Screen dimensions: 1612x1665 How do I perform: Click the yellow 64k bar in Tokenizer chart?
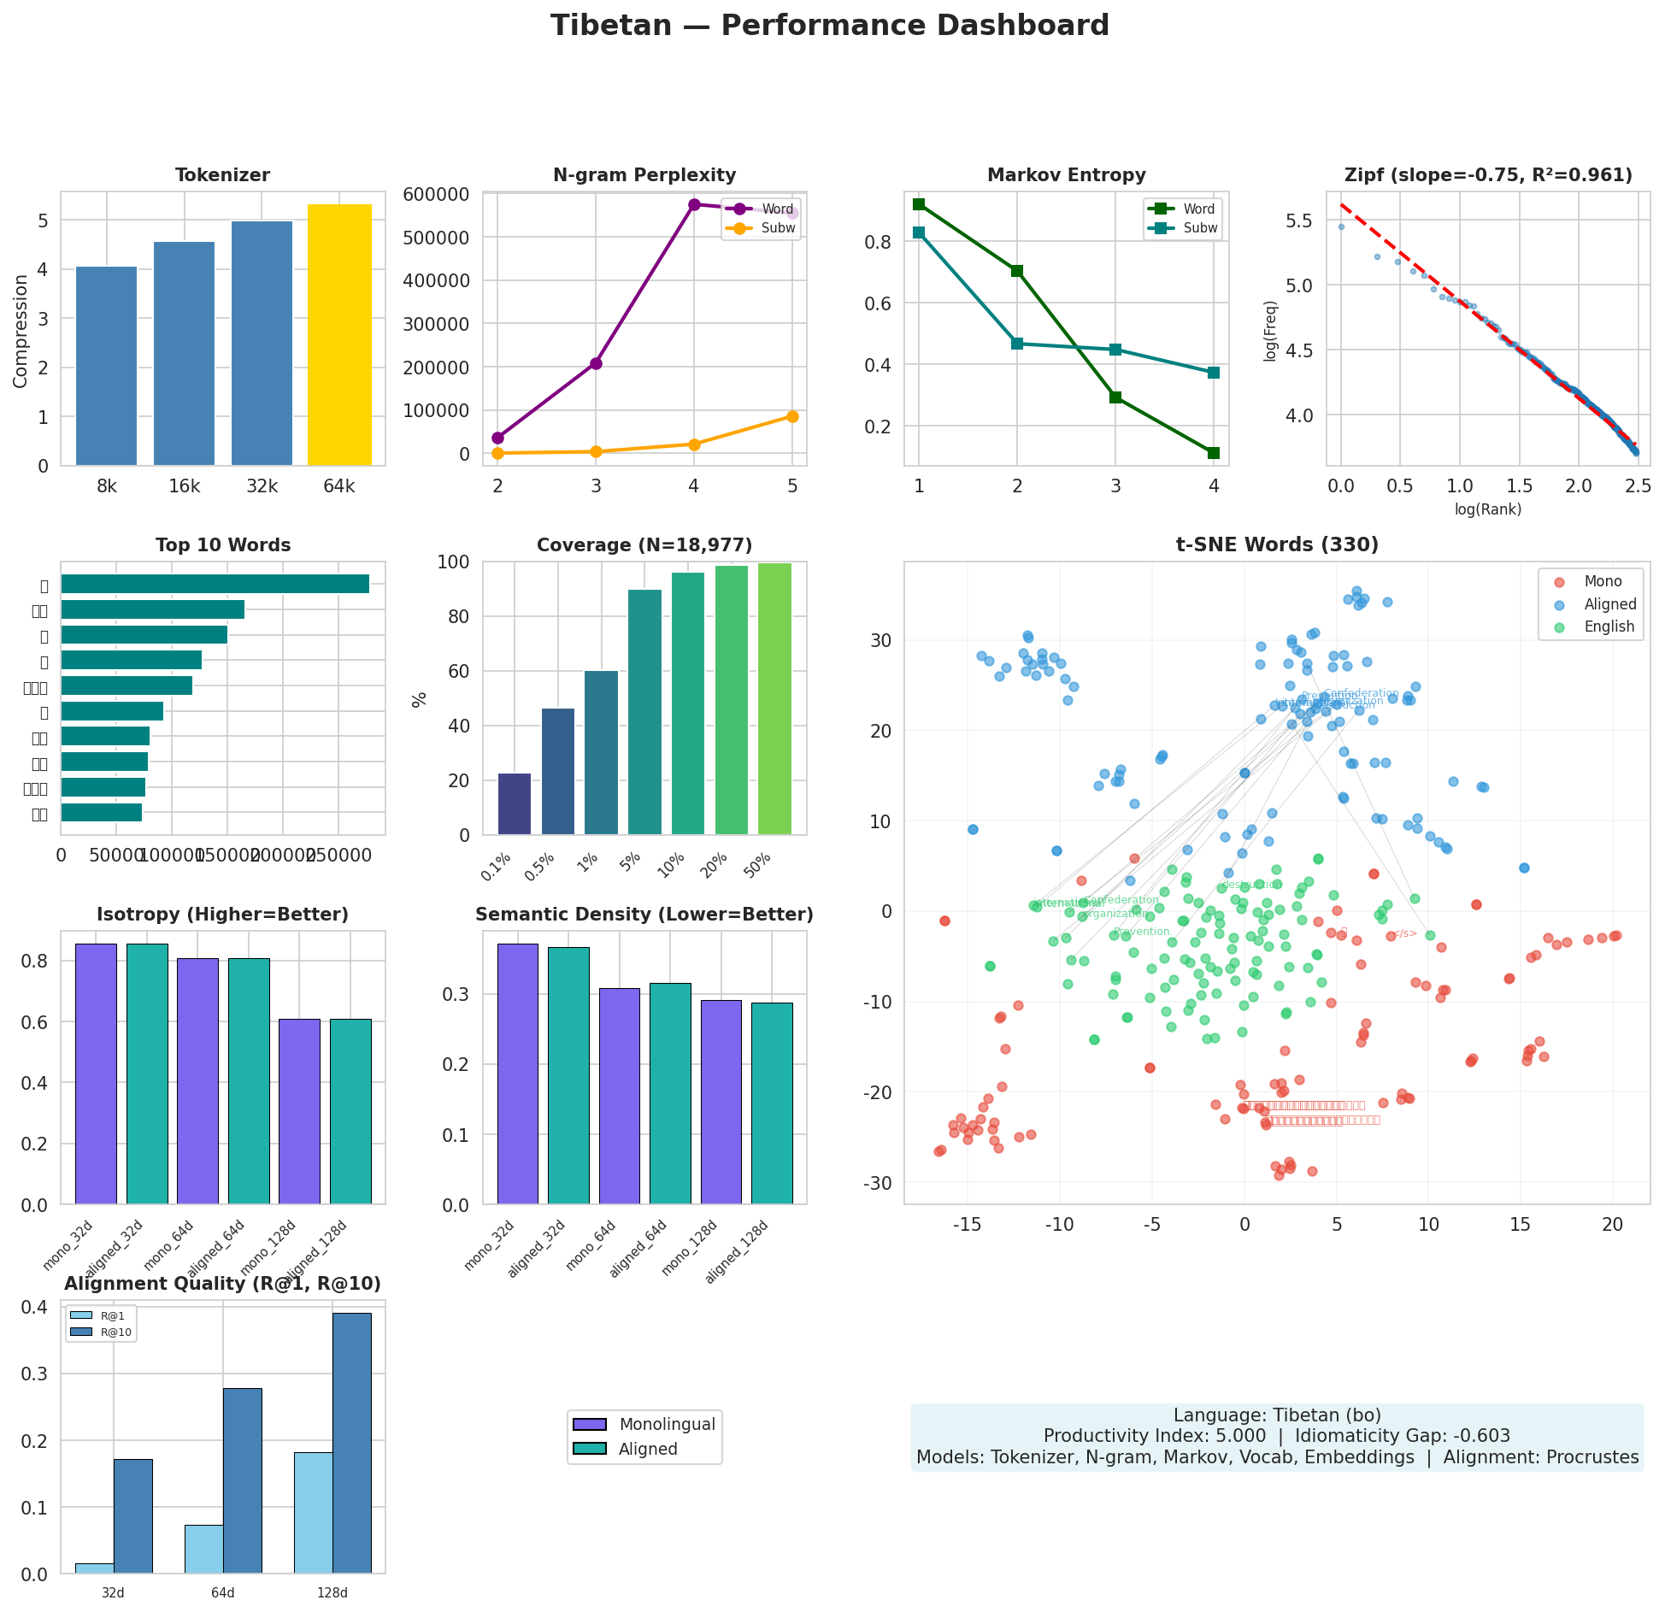coord(339,335)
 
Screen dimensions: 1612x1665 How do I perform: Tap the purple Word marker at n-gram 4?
coord(694,204)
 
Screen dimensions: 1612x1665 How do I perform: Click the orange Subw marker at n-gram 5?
coord(792,416)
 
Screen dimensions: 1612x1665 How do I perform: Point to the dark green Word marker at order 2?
coord(1017,271)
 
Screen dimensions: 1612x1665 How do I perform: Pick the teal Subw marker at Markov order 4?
coord(1214,373)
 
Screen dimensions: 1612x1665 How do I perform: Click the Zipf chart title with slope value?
coord(1487,175)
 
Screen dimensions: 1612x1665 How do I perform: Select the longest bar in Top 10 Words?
coord(215,584)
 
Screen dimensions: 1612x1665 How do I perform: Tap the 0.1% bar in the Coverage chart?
coord(515,803)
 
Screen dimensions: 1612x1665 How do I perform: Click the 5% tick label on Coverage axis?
coord(632,863)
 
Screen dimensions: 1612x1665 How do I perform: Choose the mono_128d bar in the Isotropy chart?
coord(299,1111)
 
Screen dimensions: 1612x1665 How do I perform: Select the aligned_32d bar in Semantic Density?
coord(568,1075)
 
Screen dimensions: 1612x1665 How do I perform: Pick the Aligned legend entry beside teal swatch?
coord(648,1449)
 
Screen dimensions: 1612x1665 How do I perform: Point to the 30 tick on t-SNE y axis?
coord(881,640)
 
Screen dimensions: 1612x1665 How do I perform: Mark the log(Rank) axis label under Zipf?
coord(1487,509)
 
